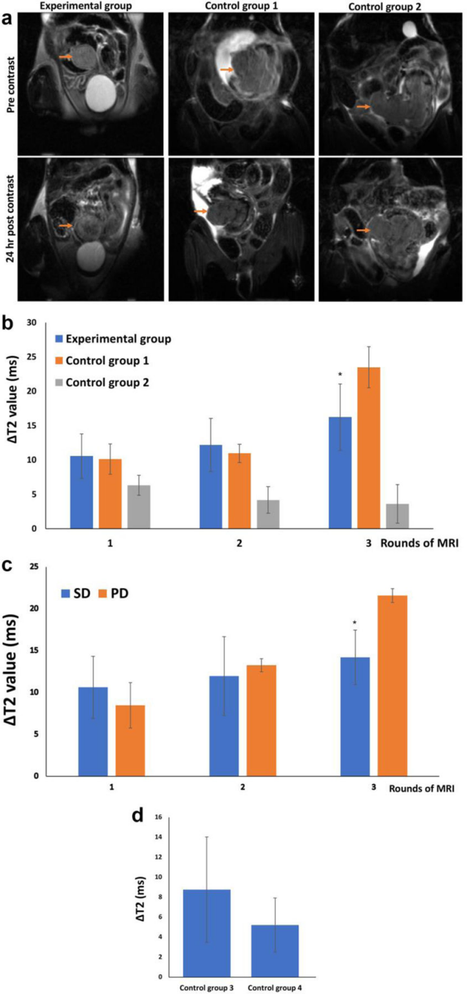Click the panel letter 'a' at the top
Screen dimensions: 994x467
pyautogui.click(x=6, y=18)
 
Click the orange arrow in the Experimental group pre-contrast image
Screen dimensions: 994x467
pyautogui.click(x=65, y=57)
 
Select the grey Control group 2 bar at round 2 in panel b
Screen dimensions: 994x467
pyautogui.click(x=268, y=514)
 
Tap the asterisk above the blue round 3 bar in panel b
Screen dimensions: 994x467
pyautogui.click(x=340, y=375)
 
